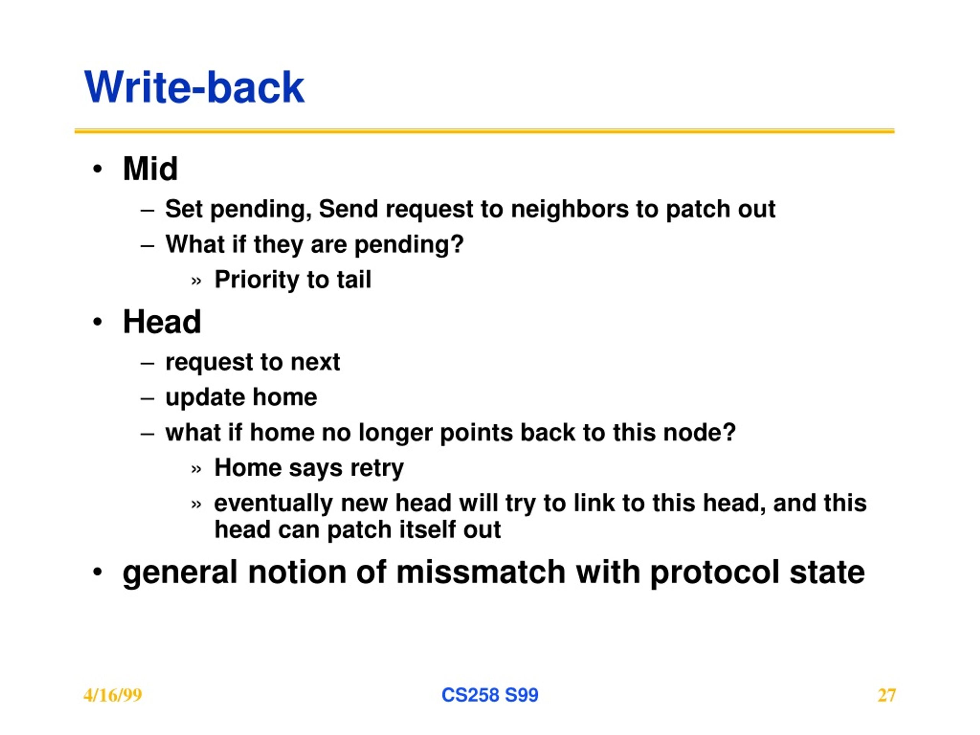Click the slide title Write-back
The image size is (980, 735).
coord(194,87)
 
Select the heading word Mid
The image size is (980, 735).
coord(150,169)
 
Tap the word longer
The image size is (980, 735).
coord(395,433)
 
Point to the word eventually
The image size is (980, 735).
coord(273,504)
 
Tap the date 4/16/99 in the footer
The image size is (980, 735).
coord(113,695)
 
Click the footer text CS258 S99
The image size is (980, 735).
coord(490,695)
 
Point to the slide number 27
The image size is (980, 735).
coord(887,695)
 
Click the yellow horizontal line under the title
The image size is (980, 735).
coord(484,131)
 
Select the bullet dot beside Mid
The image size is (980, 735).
coord(98,169)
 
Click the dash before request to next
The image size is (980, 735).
coord(147,364)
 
